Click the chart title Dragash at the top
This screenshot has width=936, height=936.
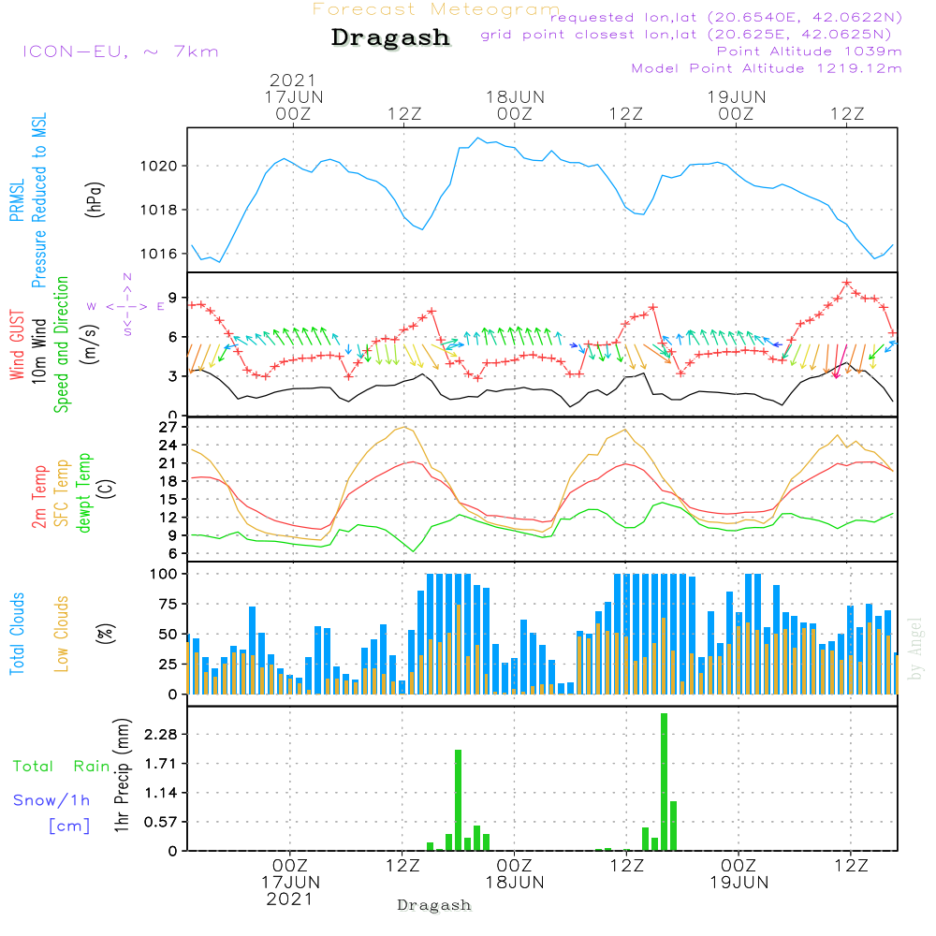pyautogui.click(x=390, y=38)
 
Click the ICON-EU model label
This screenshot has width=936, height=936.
pyautogui.click(x=119, y=51)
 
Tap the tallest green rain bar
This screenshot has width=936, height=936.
pyautogui.click(x=664, y=782)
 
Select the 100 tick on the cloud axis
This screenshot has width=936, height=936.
pyautogui.click(x=163, y=574)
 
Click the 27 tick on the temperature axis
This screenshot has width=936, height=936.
pyautogui.click(x=168, y=428)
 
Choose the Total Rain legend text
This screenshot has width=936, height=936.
pyautogui.click(x=61, y=767)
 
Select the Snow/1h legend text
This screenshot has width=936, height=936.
pyautogui.click(x=51, y=800)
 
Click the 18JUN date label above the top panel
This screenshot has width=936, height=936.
pyautogui.click(x=515, y=96)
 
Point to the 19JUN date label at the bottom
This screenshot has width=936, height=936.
pyautogui.click(x=739, y=882)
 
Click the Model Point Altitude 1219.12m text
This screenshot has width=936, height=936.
pyautogui.click(x=767, y=68)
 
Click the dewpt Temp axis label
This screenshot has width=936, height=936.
pyautogui.click(x=85, y=493)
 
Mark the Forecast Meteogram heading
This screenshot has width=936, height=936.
pyautogui.click(x=436, y=9)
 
